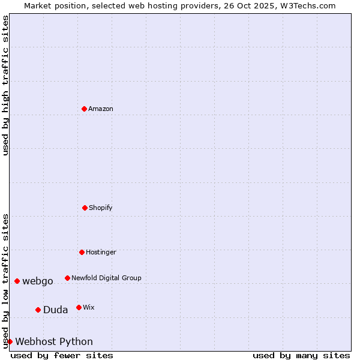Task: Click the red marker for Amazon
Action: pos(84,109)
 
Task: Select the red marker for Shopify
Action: pos(85,208)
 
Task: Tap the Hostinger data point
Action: pos(82,252)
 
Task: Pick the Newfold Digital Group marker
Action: pos(67,278)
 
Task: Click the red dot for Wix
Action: pos(79,307)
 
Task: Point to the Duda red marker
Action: pos(38,310)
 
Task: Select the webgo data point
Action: pos(17,281)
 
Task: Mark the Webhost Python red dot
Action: pos(10,341)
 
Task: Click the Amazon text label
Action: pos(101,109)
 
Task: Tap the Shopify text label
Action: pos(101,208)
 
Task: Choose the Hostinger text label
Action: pos(101,252)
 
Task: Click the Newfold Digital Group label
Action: pos(106,278)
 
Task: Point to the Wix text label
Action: pos(89,307)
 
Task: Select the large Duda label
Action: pos(55,310)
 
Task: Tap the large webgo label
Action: pos(38,281)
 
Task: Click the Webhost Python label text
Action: pos(54,341)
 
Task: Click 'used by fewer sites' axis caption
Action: pos(62,355)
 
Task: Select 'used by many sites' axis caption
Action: pos(301,355)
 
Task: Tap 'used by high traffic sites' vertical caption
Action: pos(5,85)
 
